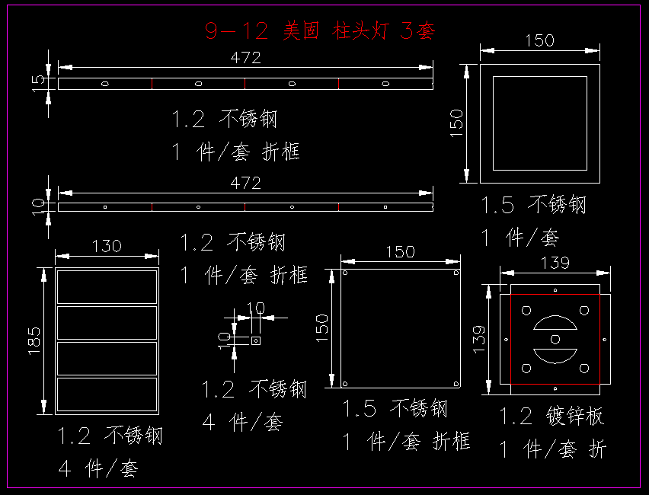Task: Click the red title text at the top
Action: [x=320, y=30]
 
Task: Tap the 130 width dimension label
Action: [x=107, y=246]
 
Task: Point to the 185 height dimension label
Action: [x=34, y=340]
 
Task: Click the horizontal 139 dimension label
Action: [x=555, y=263]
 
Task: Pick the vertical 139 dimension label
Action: [x=479, y=337]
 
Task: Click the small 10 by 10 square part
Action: [x=256, y=340]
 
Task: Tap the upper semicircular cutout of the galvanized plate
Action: [x=555, y=324]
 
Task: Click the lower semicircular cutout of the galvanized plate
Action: [x=555, y=354]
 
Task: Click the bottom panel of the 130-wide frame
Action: [x=107, y=394]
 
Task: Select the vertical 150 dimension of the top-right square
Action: [x=456, y=123]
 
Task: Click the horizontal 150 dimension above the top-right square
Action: [x=539, y=40]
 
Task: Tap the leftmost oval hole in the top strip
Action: [x=105, y=83]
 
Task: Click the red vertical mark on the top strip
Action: [x=338, y=83]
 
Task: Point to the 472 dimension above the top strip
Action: [x=245, y=57]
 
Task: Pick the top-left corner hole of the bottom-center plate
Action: [x=345, y=273]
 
